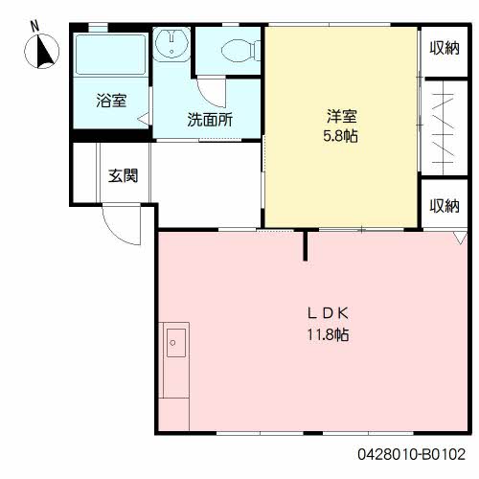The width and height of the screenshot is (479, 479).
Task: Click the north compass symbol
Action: (41, 52)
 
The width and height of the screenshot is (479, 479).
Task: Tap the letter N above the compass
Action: (34, 26)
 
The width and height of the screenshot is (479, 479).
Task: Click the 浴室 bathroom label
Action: (111, 101)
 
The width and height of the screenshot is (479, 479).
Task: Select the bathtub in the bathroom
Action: (111, 55)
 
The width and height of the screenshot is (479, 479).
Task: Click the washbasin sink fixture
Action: (171, 44)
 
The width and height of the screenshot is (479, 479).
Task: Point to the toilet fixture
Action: (240, 51)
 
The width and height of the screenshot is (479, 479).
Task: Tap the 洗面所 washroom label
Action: (210, 120)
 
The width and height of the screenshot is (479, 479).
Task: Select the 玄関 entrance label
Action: (123, 175)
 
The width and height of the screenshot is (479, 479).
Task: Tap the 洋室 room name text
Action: (341, 116)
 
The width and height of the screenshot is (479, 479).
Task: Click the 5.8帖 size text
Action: (340, 136)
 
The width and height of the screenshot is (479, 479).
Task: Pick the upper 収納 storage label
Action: (445, 48)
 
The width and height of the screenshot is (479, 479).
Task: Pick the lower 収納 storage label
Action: (445, 206)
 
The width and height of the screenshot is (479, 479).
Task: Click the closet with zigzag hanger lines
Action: (445, 127)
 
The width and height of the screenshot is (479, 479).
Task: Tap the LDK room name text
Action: (328, 313)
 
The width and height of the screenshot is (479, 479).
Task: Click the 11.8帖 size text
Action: (328, 334)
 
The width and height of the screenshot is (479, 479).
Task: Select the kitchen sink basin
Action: (176, 343)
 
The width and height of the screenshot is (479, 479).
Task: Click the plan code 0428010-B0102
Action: (411, 454)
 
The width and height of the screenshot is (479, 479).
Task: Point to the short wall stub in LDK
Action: (306, 245)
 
